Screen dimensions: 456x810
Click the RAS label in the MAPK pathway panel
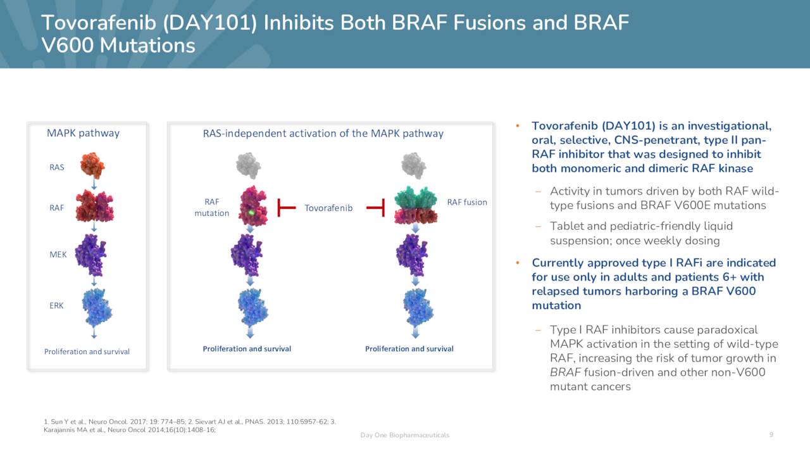coord(56,168)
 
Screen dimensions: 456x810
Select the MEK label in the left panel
coord(58,255)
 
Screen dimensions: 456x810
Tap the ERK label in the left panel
coord(56,305)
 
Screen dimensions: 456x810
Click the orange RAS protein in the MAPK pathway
coord(92,165)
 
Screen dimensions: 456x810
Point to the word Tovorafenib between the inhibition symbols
coord(328,208)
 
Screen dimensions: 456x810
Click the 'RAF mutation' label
coord(211,208)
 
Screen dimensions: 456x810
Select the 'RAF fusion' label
coord(467,202)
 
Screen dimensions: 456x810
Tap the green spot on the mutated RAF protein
coord(252,213)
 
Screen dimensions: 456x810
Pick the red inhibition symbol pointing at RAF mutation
coord(286,207)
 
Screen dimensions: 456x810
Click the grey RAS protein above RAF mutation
coord(248,165)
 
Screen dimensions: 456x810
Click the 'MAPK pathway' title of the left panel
coord(83,133)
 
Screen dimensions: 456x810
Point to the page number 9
coord(771,434)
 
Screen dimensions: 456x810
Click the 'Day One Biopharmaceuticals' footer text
coord(404,435)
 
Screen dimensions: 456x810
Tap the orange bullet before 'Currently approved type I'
coord(517,263)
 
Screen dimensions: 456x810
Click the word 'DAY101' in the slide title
coord(211,23)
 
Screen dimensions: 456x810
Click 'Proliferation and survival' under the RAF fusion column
coord(409,349)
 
